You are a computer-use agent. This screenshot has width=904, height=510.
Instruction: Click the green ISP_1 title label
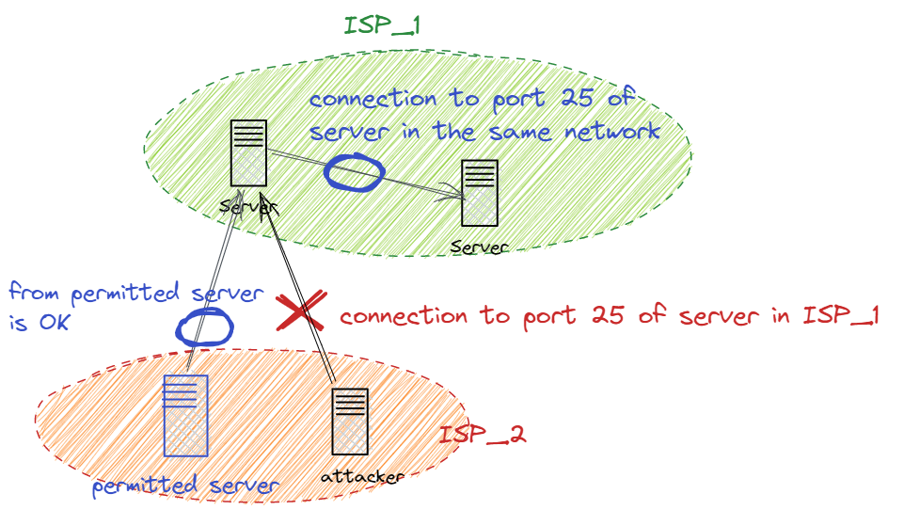[x=381, y=24]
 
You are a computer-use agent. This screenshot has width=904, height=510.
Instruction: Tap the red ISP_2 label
[x=482, y=436]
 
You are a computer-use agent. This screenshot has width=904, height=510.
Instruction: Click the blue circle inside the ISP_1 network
[x=355, y=172]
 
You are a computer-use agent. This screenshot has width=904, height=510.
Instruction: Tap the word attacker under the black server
[x=362, y=477]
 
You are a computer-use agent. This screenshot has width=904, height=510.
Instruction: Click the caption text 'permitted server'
[x=185, y=486]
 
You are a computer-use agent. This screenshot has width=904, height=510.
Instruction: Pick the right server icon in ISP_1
[x=479, y=193]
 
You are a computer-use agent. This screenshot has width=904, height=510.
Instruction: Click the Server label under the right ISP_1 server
[x=479, y=247]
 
